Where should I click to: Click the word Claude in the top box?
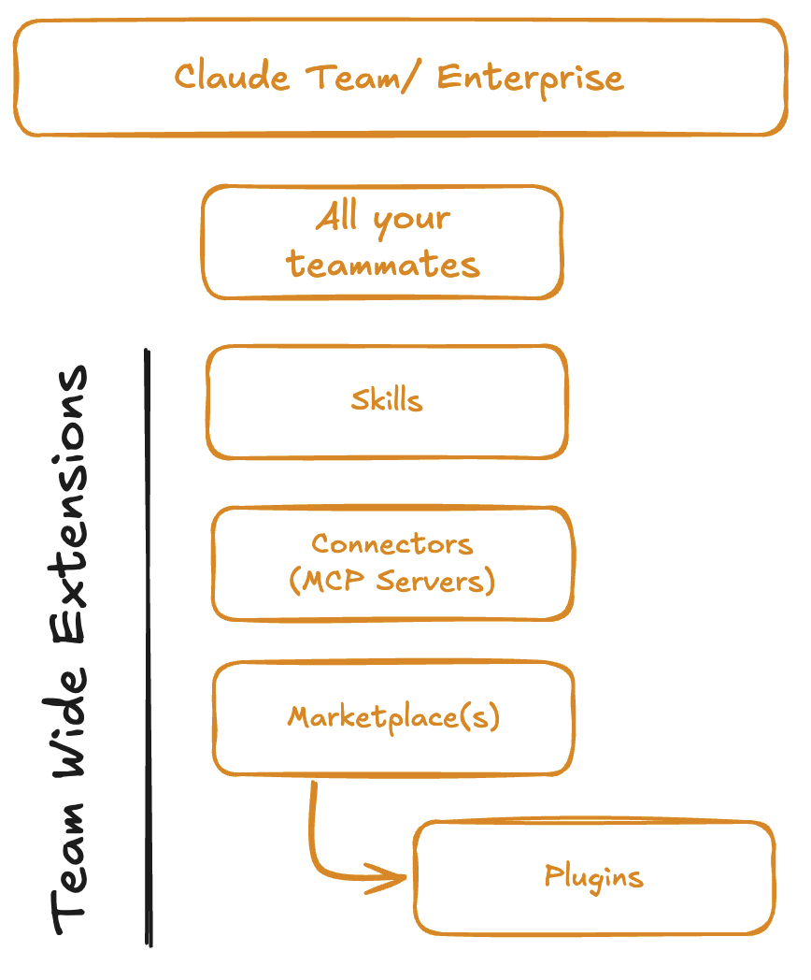pyautogui.click(x=232, y=77)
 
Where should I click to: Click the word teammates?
pyautogui.click(x=383, y=265)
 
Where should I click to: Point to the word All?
pyautogui.click(x=336, y=217)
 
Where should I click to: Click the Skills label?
pyautogui.click(x=387, y=400)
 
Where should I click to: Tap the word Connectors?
pyautogui.click(x=392, y=544)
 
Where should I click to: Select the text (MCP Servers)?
pyautogui.click(x=391, y=581)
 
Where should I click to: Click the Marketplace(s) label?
pyautogui.click(x=393, y=717)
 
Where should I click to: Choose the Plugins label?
pyautogui.click(x=594, y=876)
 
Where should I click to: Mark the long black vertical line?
pyautogui.click(x=148, y=645)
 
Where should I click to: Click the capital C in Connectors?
pyautogui.click(x=319, y=544)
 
